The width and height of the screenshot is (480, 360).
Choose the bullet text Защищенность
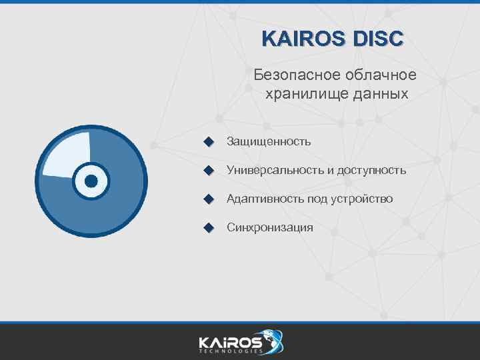click(269, 141)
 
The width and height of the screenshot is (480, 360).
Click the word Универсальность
click(275, 170)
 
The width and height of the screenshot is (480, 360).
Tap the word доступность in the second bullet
click(371, 170)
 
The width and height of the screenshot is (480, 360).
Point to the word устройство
click(361, 199)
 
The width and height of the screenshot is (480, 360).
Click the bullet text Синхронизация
click(269, 227)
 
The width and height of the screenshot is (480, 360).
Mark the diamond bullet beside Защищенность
click(209, 141)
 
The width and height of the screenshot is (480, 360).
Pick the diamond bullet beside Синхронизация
click(209, 227)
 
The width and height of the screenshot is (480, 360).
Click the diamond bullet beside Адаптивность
click(209, 199)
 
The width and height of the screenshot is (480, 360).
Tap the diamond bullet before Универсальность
click(209, 170)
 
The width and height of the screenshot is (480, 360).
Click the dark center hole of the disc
click(91, 181)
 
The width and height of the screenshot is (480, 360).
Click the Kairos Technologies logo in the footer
click(240, 341)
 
